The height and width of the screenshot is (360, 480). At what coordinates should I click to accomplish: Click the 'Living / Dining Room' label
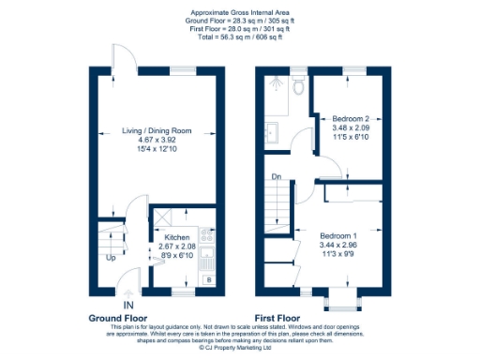(x=157, y=130)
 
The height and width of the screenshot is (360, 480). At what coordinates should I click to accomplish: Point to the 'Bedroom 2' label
(x=351, y=119)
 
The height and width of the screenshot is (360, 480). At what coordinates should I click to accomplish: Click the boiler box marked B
(x=207, y=279)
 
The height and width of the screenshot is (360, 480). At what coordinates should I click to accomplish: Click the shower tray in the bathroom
(x=276, y=88)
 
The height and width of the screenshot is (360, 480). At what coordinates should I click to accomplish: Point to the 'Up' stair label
(x=112, y=258)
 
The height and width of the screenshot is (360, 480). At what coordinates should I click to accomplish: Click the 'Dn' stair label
(x=276, y=176)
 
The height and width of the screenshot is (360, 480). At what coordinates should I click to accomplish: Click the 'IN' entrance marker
(x=127, y=305)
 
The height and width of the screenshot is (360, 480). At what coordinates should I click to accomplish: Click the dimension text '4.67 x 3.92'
(x=157, y=140)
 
